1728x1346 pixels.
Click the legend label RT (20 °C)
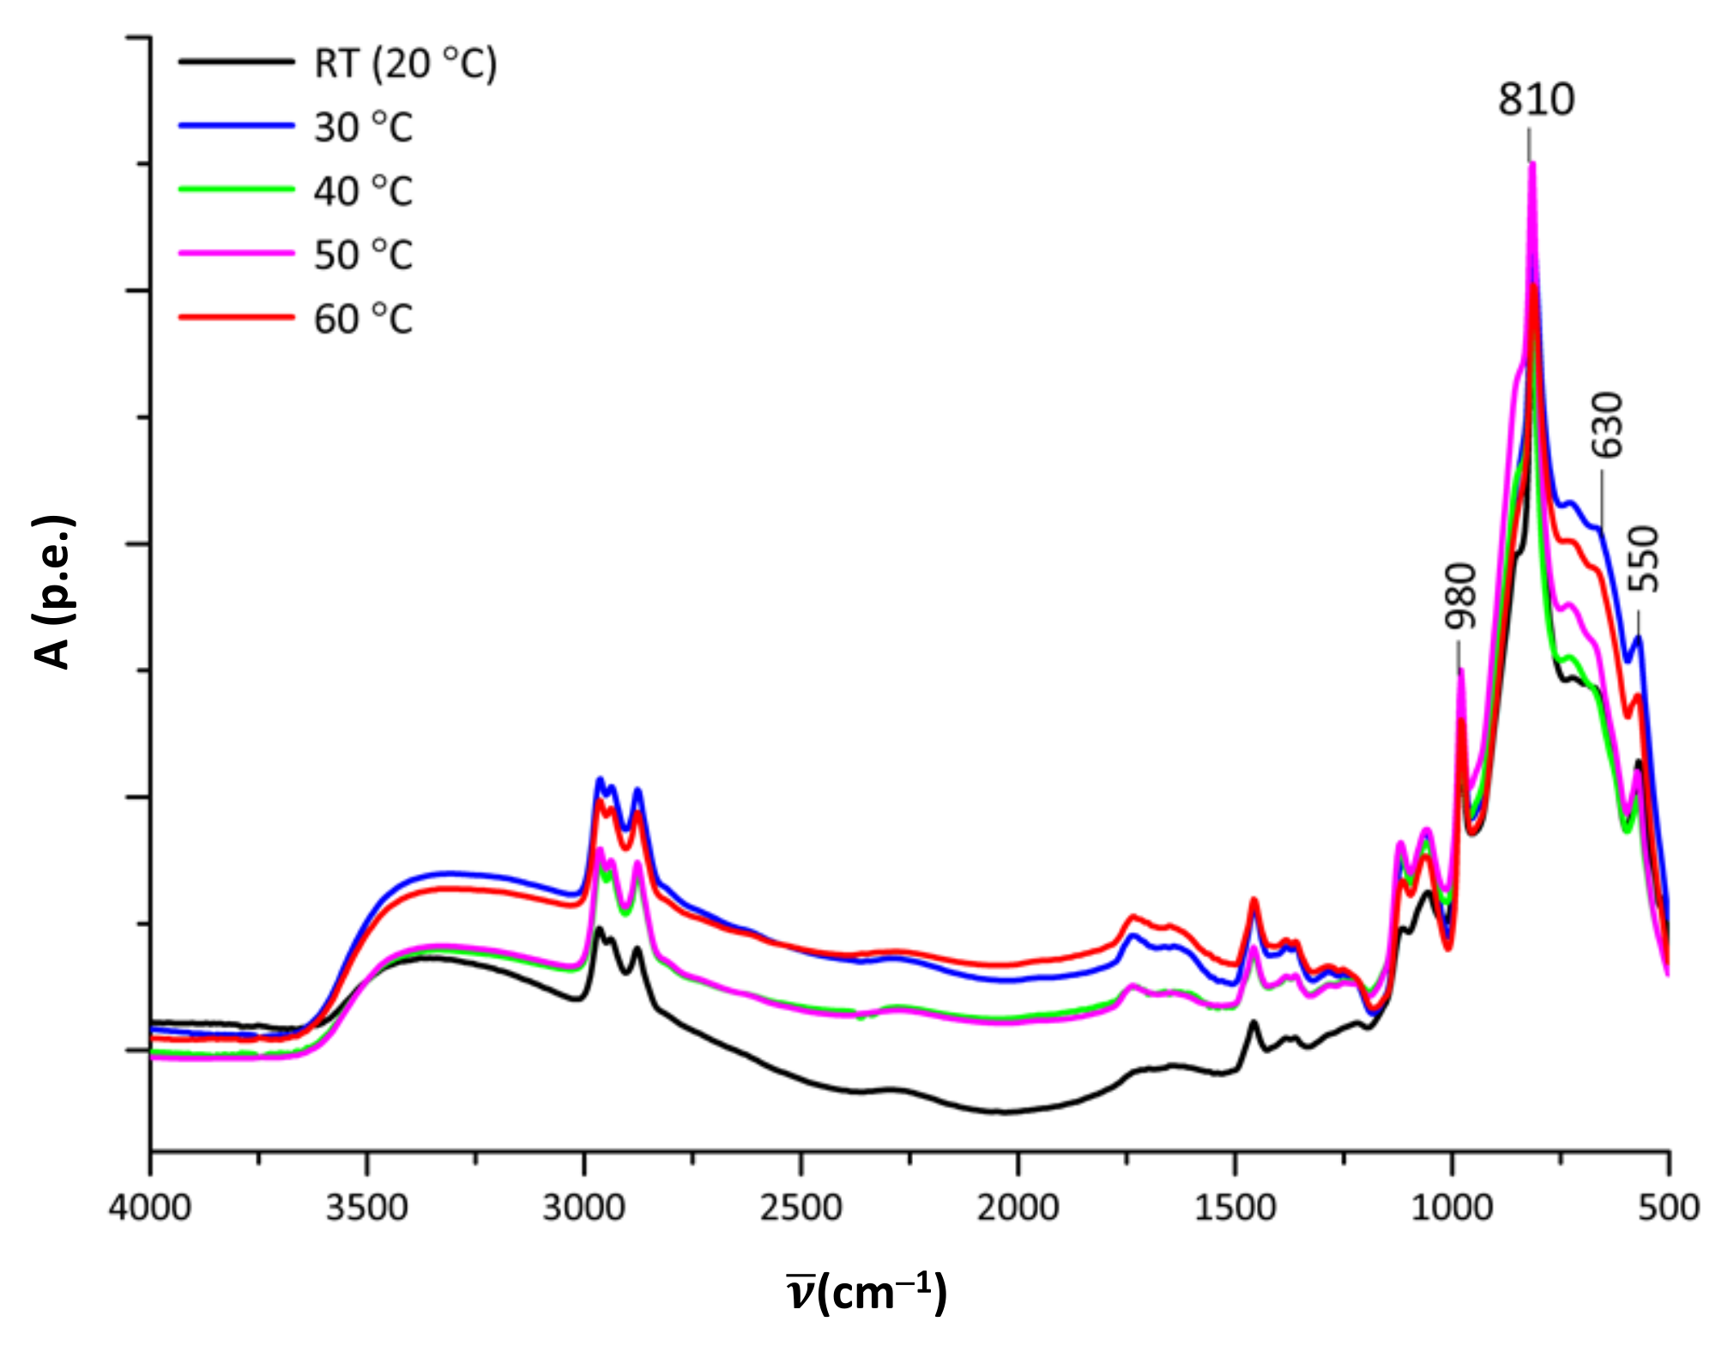click(x=405, y=64)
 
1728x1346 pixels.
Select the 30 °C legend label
click(x=363, y=128)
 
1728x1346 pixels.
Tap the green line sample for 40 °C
click(x=237, y=189)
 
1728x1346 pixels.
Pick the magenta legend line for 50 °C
click(x=237, y=253)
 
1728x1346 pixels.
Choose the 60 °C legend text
click(x=363, y=319)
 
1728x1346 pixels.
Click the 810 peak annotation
click(x=1536, y=100)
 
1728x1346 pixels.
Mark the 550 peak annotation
click(x=1644, y=559)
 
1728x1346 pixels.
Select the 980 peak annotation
click(x=1460, y=596)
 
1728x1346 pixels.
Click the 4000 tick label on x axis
click(x=149, y=1209)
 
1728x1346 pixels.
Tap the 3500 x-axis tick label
click(x=366, y=1209)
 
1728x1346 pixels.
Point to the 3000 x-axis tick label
click(x=583, y=1209)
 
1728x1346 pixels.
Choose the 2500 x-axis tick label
click(x=801, y=1209)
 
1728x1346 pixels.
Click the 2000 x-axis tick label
click(x=1018, y=1209)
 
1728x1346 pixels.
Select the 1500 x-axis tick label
click(x=1235, y=1209)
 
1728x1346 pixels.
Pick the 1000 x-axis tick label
click(x=1452, y=1209)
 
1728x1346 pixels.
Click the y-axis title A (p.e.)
click(x=53, y=592)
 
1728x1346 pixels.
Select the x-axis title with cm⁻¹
click(x=867, y=1293)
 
